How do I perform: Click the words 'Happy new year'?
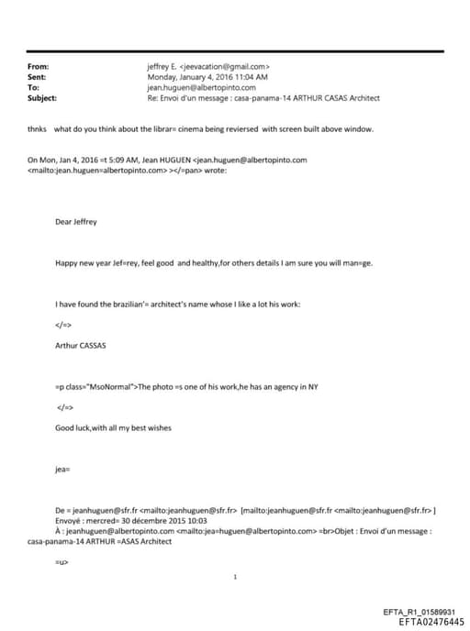point(80,262)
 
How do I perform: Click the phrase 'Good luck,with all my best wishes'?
point(113,427)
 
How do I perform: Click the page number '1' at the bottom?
point(236,577)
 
